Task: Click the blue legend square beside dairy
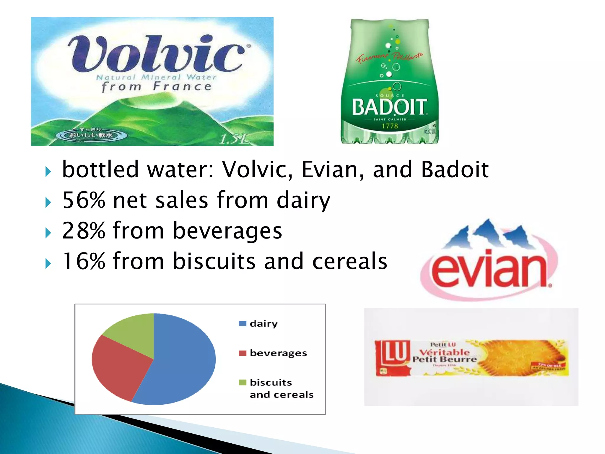(242, 324)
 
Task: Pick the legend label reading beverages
(278, 353)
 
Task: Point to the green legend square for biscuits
(242, 382)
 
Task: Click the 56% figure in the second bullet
(84, 200)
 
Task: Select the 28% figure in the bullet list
(84, 231)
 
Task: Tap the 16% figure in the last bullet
(84, 261)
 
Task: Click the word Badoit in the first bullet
(455, 170)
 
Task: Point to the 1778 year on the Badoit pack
(390, 126)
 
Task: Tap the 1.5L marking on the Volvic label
(235, 138)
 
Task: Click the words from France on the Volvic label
(157, 87)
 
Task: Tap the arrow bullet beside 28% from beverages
(48, 233)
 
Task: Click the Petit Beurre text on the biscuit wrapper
(445, 359)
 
